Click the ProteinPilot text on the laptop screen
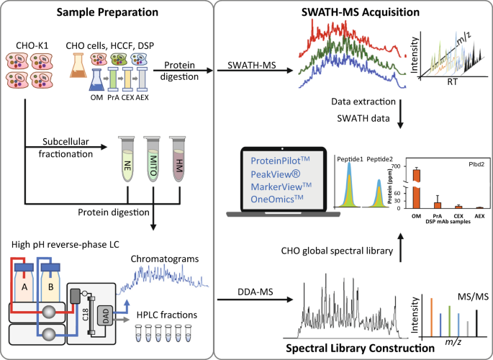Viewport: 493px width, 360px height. (281, 159)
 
